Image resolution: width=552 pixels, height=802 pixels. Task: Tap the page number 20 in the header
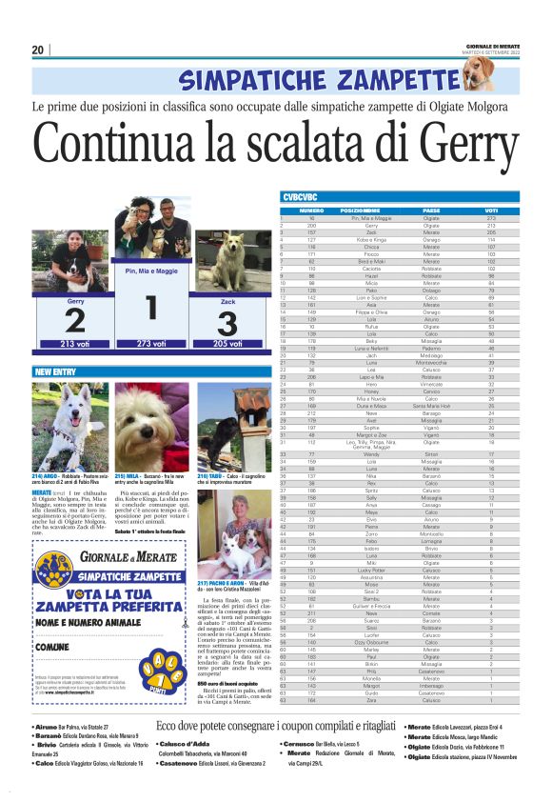click(38, 50)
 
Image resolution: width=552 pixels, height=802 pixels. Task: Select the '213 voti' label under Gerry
click(74, 344)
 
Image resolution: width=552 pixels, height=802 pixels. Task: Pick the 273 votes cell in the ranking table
click(491, 218)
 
